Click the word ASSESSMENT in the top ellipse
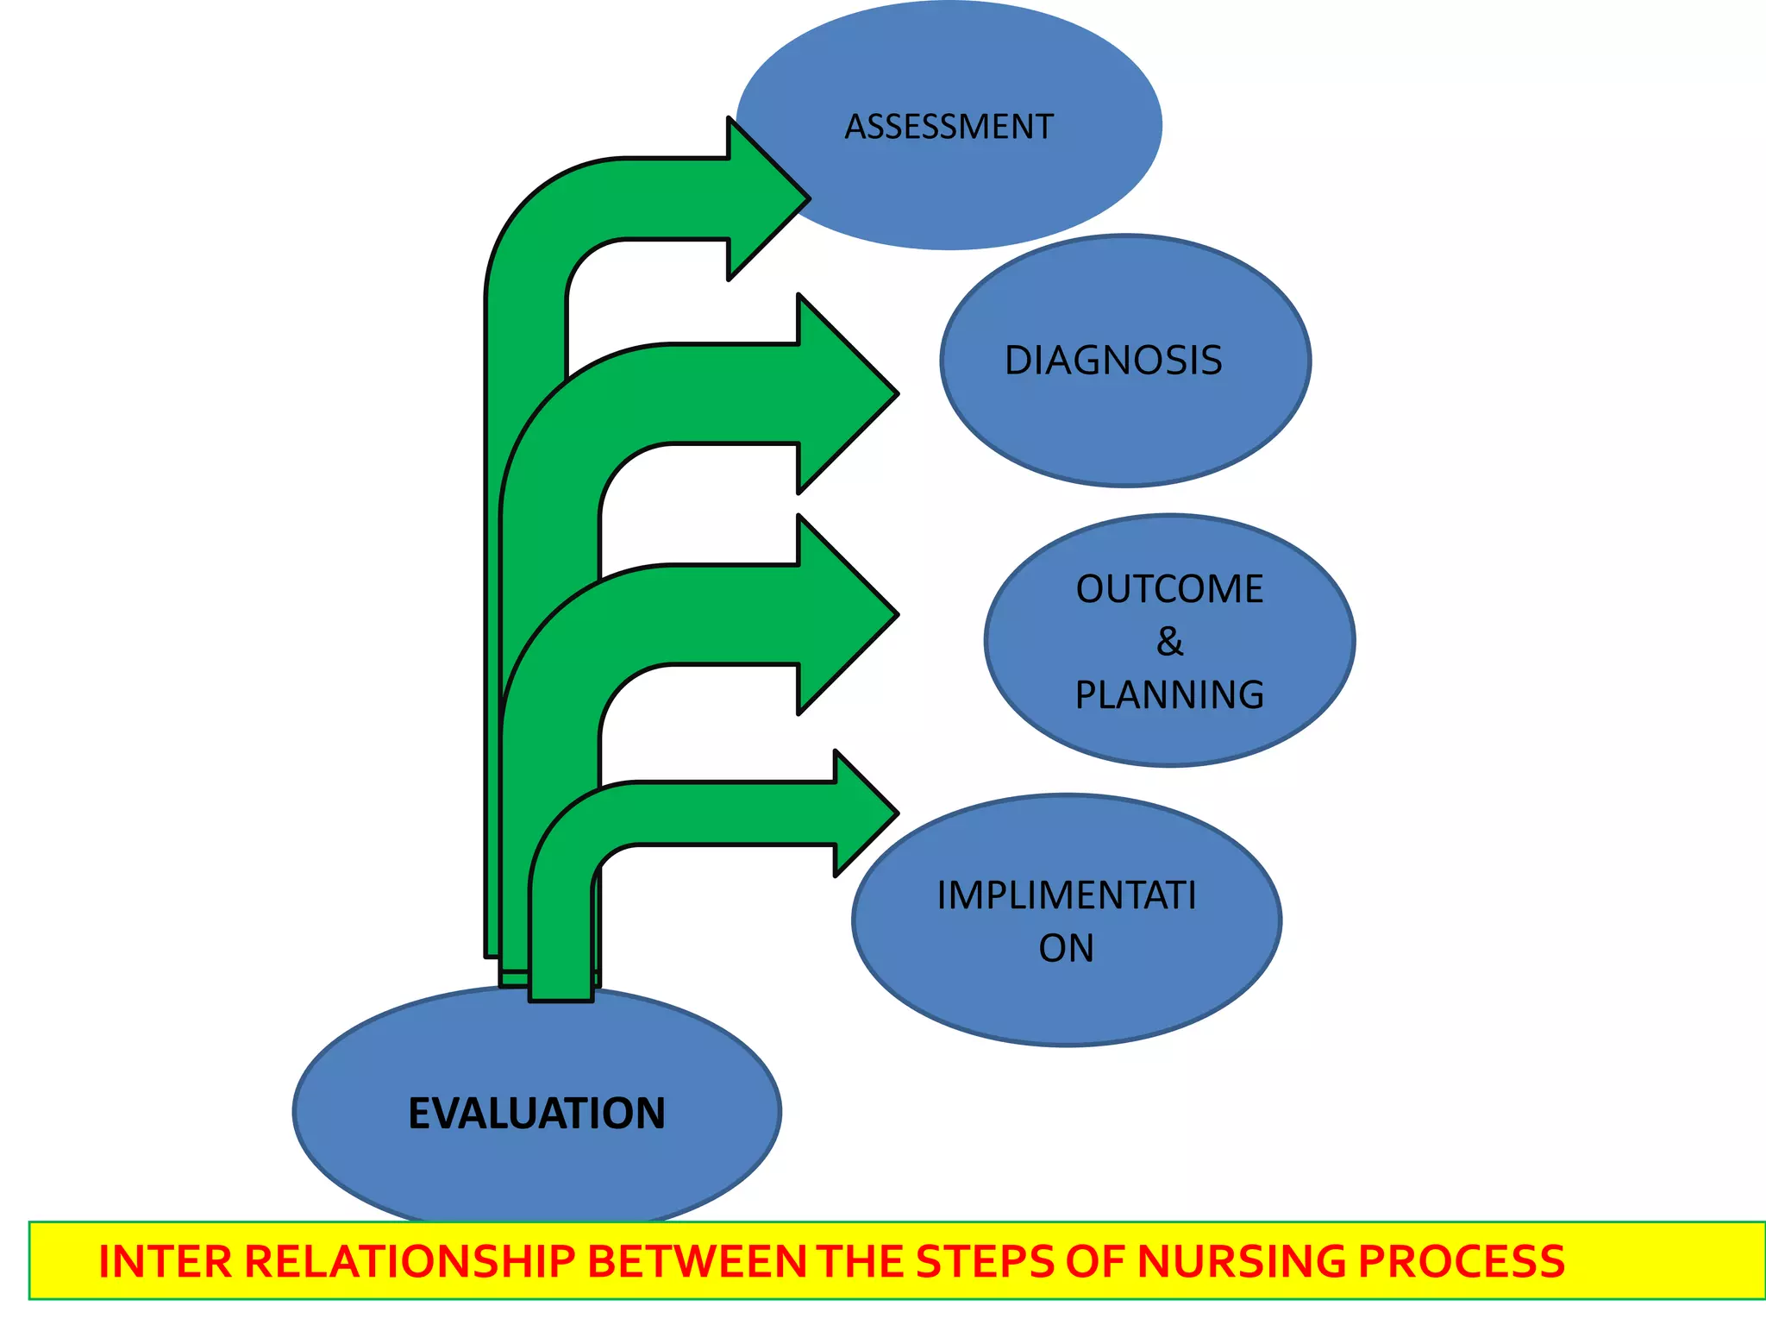(x=949, y=127)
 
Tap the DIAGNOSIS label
(x=1113, y=361)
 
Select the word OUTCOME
(x=1169, y=589)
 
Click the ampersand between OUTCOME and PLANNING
(x=1169, y=642)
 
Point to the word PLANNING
(x=1169, y=694)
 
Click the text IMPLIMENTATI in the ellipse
(x=1067, y=895)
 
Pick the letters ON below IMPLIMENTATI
(x=1066, y=948)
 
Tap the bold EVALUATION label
(x=536, y=1113)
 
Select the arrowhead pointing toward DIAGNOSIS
(x=845, y=393)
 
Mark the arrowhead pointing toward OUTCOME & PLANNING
(x=845, y=615)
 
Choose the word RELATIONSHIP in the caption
(x=410, y=1261)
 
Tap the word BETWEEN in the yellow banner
(x=698, y=1261)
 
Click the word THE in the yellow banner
(x=861, y=1261)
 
